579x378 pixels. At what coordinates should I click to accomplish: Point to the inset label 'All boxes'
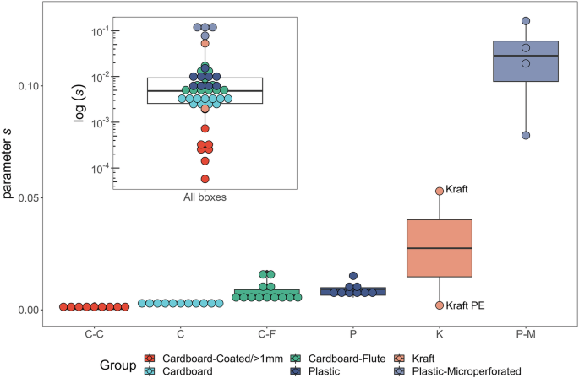tap(205, 197)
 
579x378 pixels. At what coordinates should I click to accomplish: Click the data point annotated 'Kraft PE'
tap(440, 305)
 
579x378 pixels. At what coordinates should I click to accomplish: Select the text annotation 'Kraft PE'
tap(465, 305)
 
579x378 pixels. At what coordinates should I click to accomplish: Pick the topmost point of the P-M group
tap(526, 21)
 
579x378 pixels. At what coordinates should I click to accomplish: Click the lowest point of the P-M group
tap(526, 135)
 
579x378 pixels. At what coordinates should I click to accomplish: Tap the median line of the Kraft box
tap(439, 248)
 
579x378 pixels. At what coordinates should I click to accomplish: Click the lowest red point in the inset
tap(205, 178)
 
